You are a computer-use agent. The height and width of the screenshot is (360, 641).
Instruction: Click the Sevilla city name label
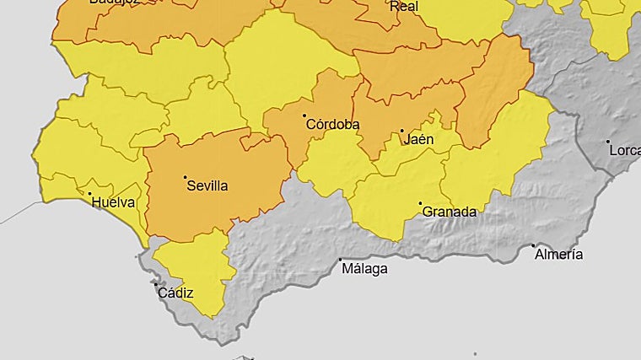click(207, 185)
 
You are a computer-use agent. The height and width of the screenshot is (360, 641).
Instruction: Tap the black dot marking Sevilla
click(185, 177)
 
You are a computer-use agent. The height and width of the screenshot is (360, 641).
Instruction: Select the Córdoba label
click(332, 125)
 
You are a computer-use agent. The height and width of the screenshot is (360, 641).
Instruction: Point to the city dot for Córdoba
click(304, 116)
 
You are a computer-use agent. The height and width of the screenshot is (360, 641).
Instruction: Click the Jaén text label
click(419, 139)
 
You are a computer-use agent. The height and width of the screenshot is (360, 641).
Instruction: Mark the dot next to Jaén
click(401, 131)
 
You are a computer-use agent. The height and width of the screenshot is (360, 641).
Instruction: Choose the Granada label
click(449, 212)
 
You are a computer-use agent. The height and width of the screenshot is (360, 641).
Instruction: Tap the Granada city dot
click(421, 203)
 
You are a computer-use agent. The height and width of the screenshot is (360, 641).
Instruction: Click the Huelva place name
click(113, 202)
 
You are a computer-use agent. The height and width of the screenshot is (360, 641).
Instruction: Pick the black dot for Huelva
click(90, 194)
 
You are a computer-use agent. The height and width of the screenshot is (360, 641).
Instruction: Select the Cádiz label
click(175, 293)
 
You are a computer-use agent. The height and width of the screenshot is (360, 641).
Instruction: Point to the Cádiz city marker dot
click(154, 283)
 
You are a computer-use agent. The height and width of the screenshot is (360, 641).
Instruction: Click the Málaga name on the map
click(364, 269)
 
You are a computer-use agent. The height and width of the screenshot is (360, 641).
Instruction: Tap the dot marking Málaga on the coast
click(340, 260)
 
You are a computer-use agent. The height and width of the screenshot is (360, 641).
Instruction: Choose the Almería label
click(558, 254)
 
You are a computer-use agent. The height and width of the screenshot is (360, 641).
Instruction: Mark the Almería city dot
click(533, 245)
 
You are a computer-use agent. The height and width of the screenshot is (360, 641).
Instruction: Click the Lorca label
click(624, 151)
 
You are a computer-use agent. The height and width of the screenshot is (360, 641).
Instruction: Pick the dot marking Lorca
click(607, 142)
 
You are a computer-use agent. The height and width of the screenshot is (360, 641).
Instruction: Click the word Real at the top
click(403, 6)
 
